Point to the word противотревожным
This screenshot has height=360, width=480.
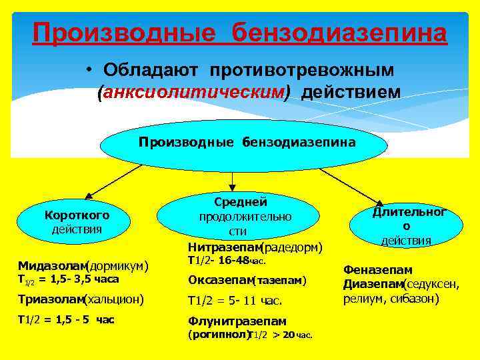[302, 70]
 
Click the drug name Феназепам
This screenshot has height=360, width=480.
[378, 270]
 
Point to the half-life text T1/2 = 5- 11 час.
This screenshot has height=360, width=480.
[235, 299]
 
